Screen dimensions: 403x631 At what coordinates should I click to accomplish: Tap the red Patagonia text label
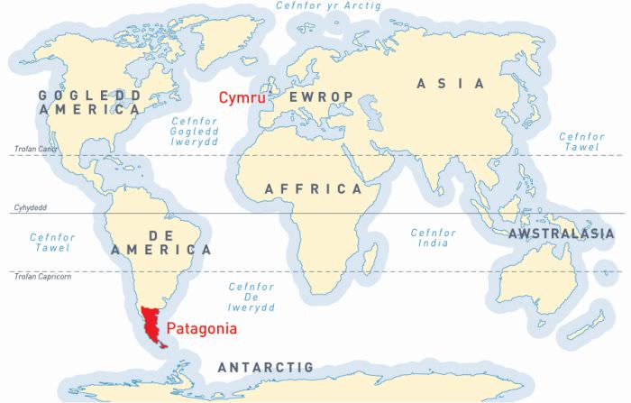[x=203, y=329]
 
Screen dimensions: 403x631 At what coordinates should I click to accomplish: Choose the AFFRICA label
[x=312, y=189]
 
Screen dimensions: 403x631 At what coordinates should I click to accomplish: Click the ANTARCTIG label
[x=265, y=368]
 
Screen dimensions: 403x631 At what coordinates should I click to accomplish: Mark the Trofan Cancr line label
[x=34, y=149]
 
